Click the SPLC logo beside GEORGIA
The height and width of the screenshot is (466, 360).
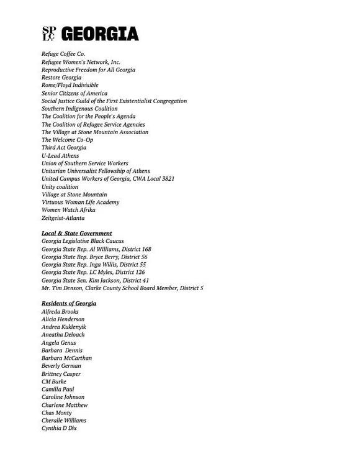pos(48,34)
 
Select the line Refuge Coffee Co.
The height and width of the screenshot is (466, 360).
pos(63,54)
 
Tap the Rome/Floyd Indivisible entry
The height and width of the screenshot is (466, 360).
pos(70,85)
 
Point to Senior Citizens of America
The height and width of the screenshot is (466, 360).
pos(74,93)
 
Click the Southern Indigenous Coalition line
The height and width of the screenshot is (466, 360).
pos(79,109)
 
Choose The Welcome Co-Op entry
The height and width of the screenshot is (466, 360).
pos(67,140)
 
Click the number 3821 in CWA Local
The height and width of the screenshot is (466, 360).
pos(165,179)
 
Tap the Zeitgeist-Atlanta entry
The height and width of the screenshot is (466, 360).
pos(63,218)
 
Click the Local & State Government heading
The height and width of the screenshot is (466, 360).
pos(77,233)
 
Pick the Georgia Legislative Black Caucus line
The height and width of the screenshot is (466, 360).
pos(83,241)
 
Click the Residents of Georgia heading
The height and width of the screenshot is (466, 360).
pos(69,303)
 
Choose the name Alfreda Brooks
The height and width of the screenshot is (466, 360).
pos(60,311)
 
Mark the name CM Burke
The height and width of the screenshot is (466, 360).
pos(54,381)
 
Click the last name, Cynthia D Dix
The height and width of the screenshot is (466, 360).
pos(60,428)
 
